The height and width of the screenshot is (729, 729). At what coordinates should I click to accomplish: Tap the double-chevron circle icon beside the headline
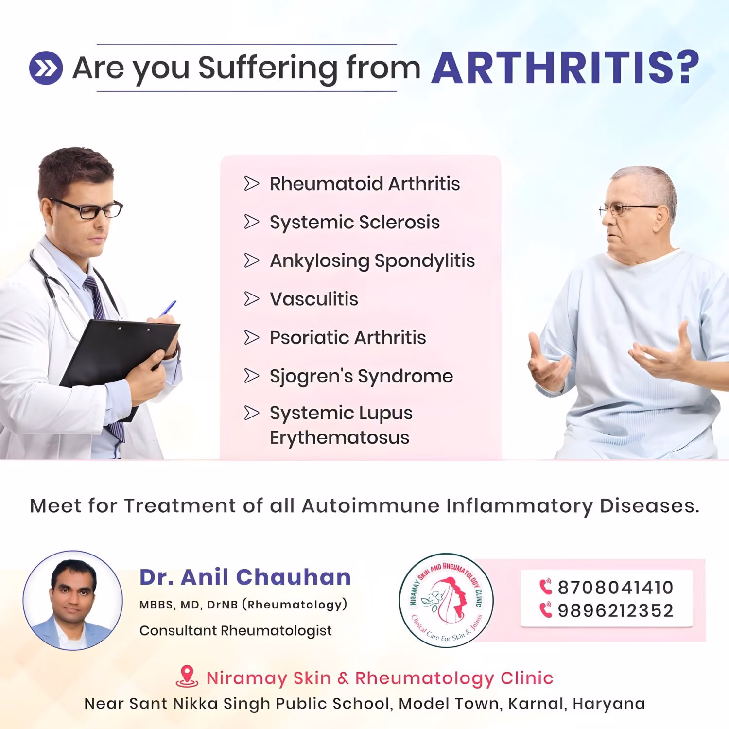click(46, 68)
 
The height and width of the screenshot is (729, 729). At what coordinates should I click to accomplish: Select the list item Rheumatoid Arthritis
click(364, 184)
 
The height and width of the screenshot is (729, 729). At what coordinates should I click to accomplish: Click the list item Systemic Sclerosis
click(355, 223)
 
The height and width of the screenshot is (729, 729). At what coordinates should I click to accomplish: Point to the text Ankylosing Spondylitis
click(372, 261)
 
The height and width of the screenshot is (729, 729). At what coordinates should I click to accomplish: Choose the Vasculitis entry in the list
click(314, 299)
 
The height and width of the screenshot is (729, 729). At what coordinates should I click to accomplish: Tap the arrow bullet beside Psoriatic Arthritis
click(251, 337)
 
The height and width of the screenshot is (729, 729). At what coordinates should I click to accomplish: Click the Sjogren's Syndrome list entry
click(362, 376)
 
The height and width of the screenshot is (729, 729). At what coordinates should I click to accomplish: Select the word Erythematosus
click(340, 438)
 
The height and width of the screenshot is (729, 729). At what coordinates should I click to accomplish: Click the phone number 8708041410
click(615, 588)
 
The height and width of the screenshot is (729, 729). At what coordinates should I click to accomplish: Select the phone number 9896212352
click(615, 611)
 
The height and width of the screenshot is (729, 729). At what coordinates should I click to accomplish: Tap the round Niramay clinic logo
click(446, 601)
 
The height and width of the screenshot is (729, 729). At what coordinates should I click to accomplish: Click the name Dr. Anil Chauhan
click(245, 577)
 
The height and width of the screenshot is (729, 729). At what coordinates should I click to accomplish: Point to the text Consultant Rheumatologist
click(236, 631)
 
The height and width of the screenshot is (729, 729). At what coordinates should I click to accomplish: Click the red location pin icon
click(187, 677)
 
